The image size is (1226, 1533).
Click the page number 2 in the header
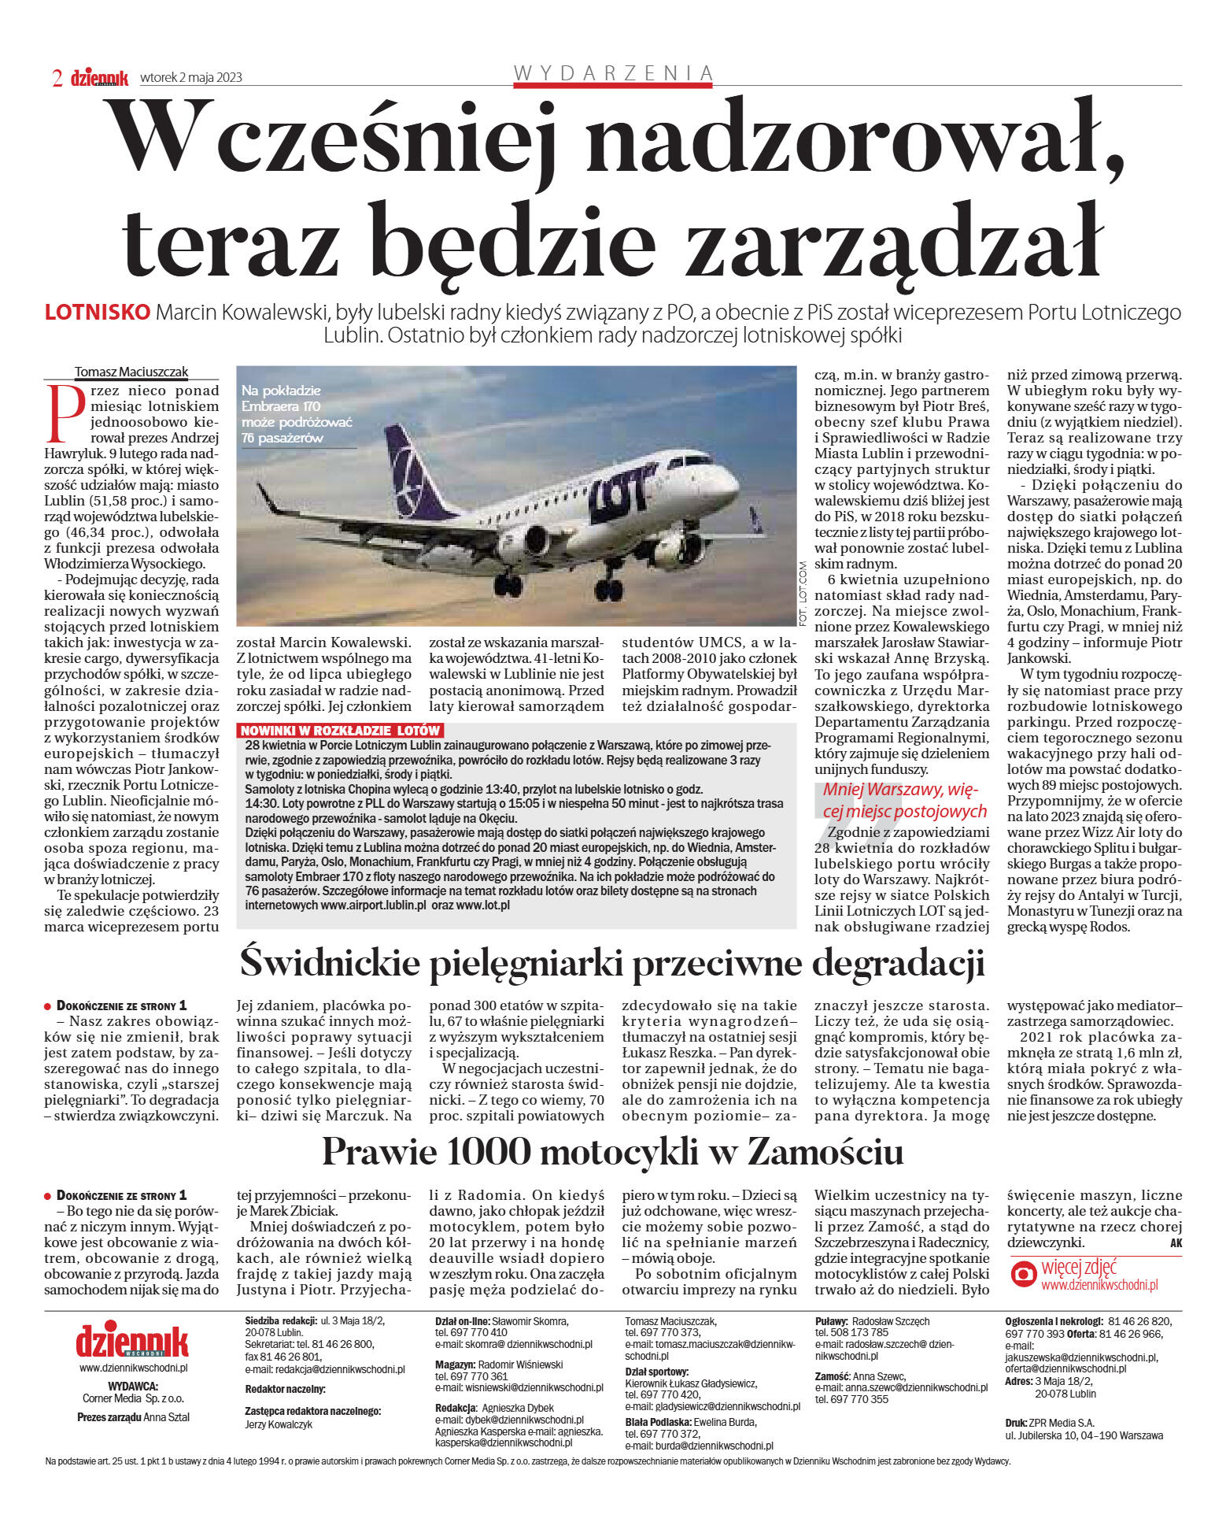coord(57,77)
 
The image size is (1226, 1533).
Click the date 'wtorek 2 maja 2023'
coord(190,77)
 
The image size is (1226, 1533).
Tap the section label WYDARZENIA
coord(613,73)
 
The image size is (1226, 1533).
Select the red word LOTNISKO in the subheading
coord(97,312)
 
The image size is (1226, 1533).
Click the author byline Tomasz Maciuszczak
coord(131,372)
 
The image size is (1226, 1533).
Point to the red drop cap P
coord(66,413)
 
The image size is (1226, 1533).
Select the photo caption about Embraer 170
coord(297,413)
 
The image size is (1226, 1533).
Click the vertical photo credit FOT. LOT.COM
coord(803,594)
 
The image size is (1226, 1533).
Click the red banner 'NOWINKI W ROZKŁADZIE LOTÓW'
coord(341,730)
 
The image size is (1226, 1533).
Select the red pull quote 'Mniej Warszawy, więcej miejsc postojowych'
coord(903,800)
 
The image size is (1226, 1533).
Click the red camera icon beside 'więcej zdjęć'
coord(1023,1275)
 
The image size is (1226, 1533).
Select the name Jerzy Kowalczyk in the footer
coord(279,1424)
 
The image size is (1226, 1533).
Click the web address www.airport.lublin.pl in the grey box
coord(373,905)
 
